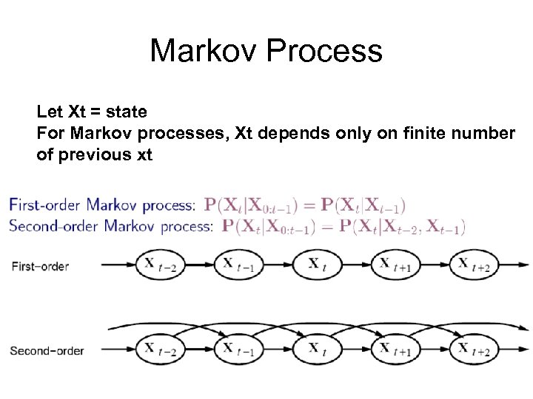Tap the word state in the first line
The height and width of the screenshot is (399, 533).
coord(127,112)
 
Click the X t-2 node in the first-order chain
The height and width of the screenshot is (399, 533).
coord(158,265)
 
